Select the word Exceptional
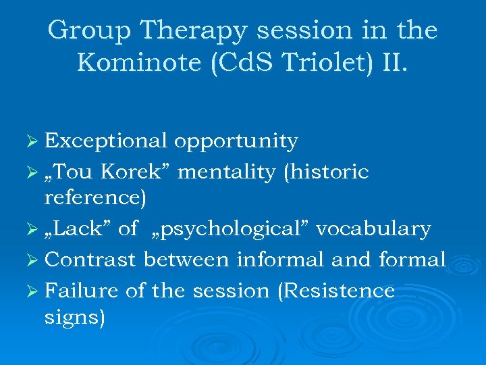click(x=105, y=141)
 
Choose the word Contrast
click(x=91, y=260)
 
